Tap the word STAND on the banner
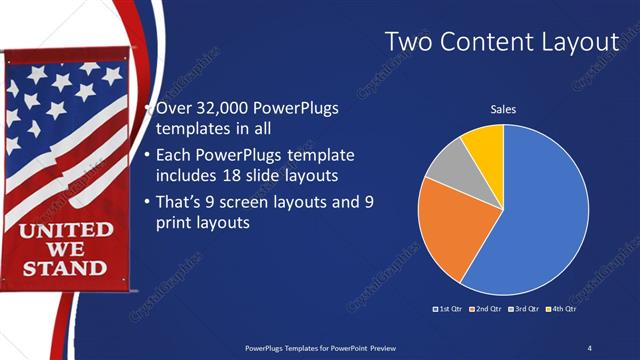[64, 267]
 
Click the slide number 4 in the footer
[589, 347]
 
